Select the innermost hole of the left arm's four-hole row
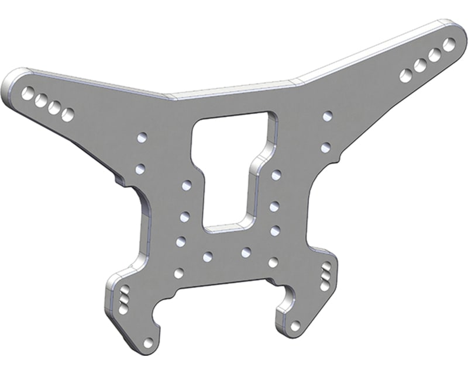click(x=68, y=114)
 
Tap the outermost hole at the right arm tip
click(x=449, y=44)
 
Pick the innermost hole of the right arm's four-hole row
click(x=406, y=75)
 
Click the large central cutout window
click(x=230, y=169)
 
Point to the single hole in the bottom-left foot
click(x=149, y=342)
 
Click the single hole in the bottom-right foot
click(x=295, y=325)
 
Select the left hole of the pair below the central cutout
click(x=207, y=257)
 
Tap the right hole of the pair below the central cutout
click(x=246, y=252)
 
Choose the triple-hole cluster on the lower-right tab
click(x=326, y=276)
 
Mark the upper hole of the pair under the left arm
click(x=141, y=138)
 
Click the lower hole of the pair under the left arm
click(x=140, y=169)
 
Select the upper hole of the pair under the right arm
click(x=328, y=117)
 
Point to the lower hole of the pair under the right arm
click(x=326, y=147)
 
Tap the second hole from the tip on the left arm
click(x=41, y=101)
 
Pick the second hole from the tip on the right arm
click(x=435, y=54)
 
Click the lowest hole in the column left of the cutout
click(x=179, y=272)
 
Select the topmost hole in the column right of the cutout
click(x=276, y=174)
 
